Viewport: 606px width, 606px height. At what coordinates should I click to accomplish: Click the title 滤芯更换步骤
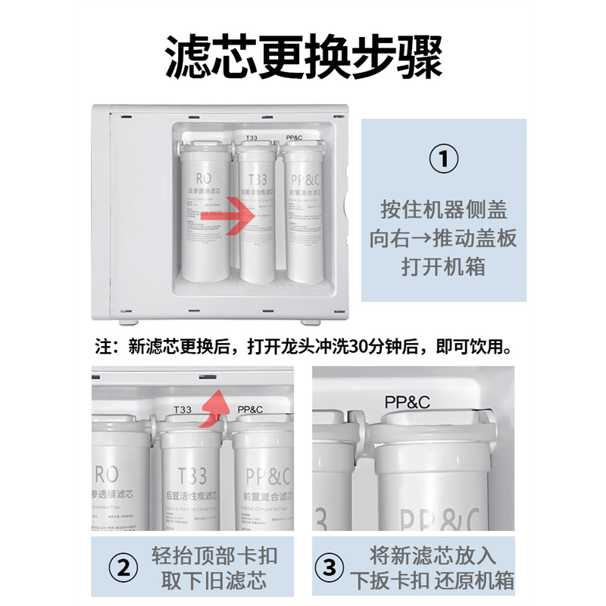[x=303, y=58]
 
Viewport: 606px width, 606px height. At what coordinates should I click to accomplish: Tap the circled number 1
[x=443, y=160]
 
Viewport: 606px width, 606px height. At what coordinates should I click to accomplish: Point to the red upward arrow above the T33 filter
[x=217, y=408]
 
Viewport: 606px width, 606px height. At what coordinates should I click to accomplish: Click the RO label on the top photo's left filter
[x=204, y=179]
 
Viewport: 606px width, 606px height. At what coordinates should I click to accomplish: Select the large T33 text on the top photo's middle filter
[x=258, y=180]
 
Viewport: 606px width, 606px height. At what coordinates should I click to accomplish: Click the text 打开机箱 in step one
[x=443, y=267]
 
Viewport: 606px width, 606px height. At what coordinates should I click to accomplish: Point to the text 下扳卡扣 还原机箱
[x=433, y=582]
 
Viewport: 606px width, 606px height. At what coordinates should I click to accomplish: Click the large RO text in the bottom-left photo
[x=106, y=475]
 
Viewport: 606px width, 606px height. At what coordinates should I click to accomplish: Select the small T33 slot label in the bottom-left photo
[x=182, y=410]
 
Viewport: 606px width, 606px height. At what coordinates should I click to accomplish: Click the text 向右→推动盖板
[x=443, y=239]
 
